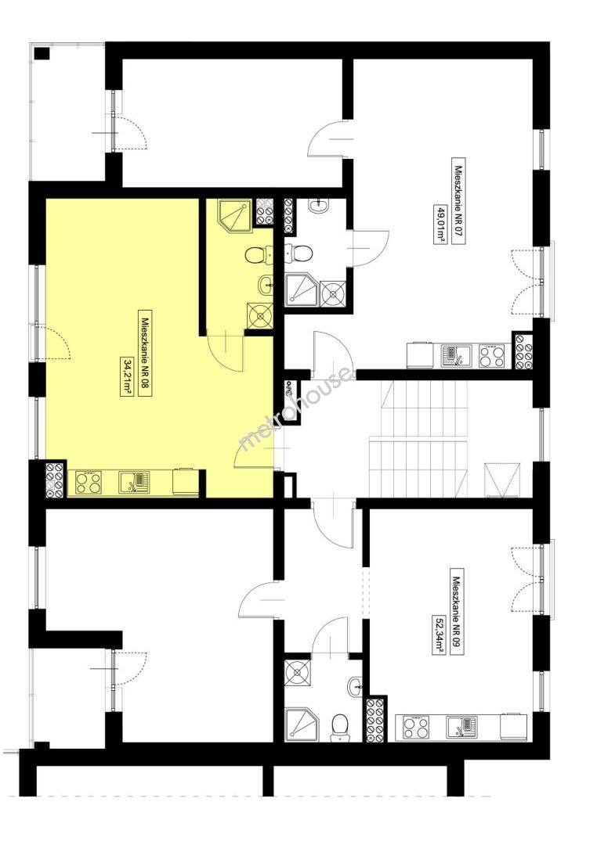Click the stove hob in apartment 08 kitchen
pyautogui.click(x=89, y=482)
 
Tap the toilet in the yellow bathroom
pyautogui.click(x=259, y=255)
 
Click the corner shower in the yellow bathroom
pyautogui.click(x=235, y=215)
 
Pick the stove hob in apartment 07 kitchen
pyautogui.click(x=491, y=355)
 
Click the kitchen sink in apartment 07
pyautogui.click(x=456, y=356)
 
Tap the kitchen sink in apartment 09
pyautogui.click(x=461, y=728)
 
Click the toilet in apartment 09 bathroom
pyautogui.click(x=339, y=725)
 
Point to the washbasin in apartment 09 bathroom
pyautogui.click(x=355, y=685)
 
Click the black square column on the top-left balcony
pyautogui.click(x=42, y=54)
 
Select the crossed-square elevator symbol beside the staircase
pyautogui.click(x=504, y=480)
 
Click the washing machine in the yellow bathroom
pyautogui.click(x=260, y=316)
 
